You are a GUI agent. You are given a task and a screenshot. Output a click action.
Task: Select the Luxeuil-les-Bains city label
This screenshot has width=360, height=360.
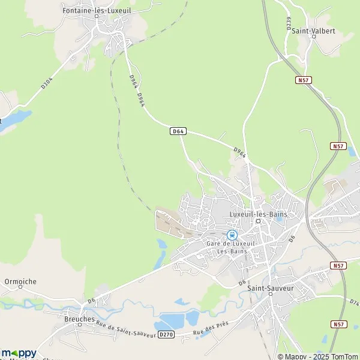[x=259, y=214]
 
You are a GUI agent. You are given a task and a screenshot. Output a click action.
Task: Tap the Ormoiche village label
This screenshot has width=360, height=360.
[x=20, y=281]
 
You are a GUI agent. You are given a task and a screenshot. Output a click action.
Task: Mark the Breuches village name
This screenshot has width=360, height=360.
[x=79, y=319]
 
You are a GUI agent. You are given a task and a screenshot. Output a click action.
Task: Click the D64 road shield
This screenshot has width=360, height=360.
[x=178, y=131]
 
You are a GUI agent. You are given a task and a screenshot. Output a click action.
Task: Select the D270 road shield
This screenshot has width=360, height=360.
[x=167, y=335]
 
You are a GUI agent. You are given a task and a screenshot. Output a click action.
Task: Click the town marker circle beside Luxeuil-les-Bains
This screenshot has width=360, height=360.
[x=258, y=221]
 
